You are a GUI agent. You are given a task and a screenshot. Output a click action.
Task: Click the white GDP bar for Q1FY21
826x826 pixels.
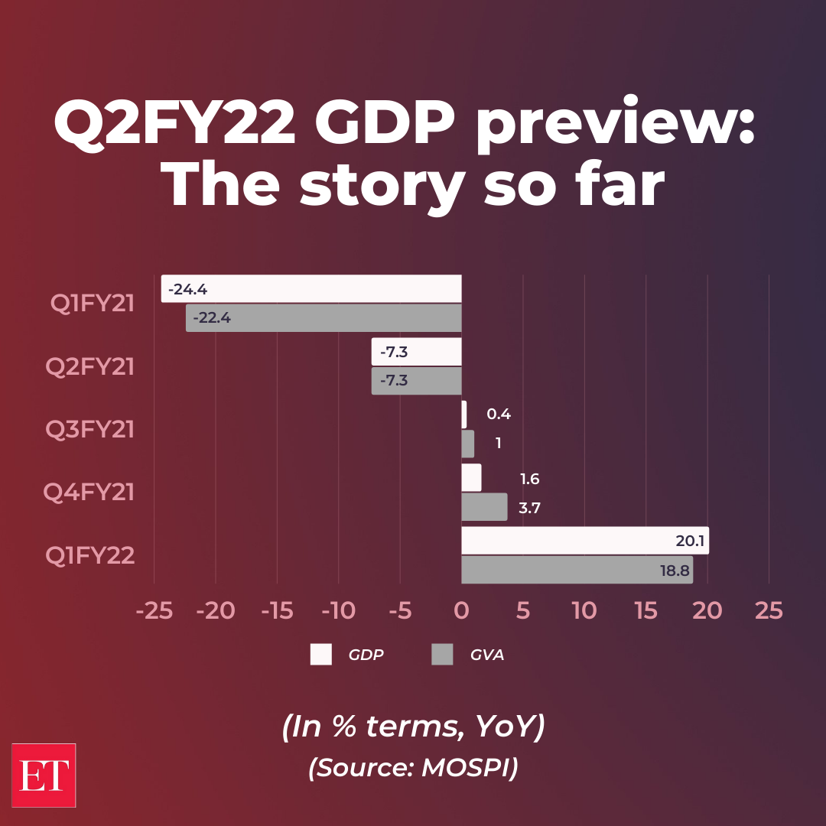(311, 289)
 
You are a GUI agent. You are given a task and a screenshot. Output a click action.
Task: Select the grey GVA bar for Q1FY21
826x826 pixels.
(324, 318)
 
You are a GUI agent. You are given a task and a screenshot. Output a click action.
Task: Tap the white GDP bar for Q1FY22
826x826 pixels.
(585, 540)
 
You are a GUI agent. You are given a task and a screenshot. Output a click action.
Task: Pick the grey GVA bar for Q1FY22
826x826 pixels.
(577, 570)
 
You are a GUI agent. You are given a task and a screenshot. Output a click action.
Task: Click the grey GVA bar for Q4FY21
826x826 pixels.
(484, 507)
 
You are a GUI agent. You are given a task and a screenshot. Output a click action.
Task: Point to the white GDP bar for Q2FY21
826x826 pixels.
(417, 352)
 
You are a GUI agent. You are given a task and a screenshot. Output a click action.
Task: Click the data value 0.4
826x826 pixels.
(499, 415)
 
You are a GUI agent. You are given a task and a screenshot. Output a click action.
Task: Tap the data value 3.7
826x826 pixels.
(529, 508)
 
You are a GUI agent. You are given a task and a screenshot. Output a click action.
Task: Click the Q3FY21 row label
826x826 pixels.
(90, 429)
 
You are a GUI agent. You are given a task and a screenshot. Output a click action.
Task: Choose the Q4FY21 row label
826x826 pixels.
(89, 492)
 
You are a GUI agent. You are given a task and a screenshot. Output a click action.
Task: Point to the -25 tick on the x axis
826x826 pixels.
(154, 610)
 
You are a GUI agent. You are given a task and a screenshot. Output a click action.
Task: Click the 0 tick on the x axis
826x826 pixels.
(461, 610)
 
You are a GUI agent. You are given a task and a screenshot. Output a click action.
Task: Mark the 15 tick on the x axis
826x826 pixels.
(646, 610)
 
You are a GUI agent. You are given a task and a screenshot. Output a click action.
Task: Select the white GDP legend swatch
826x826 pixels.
(321, 655)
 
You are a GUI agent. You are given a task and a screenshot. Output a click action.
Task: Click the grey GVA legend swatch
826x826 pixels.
(443, 655)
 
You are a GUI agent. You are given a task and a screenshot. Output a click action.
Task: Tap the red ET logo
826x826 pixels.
(44, 775)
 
